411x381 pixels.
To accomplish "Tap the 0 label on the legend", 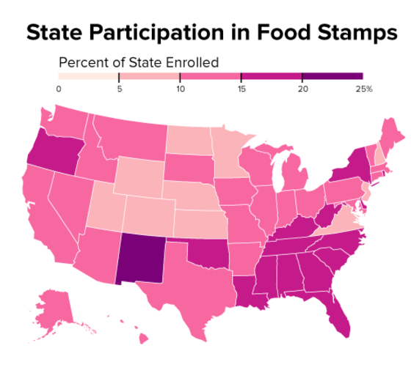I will tap(59, 88).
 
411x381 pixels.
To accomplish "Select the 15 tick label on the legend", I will tap(241, 88).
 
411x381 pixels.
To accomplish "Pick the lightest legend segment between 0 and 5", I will tap(88, 75).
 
